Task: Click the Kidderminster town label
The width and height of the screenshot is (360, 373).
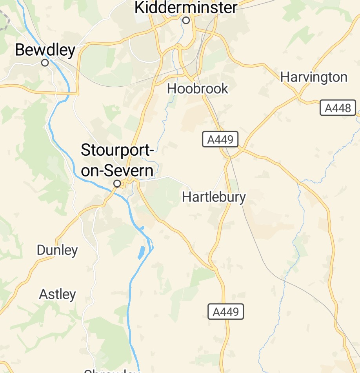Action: click(186, 7)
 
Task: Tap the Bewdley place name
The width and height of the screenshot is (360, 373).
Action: click(45, 50)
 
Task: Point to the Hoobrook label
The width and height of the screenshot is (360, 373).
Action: click(197, 89)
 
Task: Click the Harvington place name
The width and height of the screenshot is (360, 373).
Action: click(314, 77)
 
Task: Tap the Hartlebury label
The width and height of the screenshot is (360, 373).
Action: click(214, 197)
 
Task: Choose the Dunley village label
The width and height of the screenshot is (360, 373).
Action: click(57, 250)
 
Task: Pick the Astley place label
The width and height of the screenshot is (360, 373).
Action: click(57, 294)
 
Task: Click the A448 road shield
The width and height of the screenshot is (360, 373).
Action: click(338, 108)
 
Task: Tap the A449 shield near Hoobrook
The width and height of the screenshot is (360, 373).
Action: click(220, 139)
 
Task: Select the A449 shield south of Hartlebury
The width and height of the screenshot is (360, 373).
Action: click(225, 312)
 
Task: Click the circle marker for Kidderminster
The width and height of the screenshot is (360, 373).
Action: click(186, 20)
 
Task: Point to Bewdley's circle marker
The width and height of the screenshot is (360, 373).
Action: click(45, 63)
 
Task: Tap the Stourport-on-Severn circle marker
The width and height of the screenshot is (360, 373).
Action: click(117, 183)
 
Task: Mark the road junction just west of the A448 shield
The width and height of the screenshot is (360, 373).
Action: click(298, 95)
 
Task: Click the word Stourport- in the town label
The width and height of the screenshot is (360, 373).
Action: click(117, 150)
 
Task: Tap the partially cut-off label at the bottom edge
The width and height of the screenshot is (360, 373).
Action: click(112, 370)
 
